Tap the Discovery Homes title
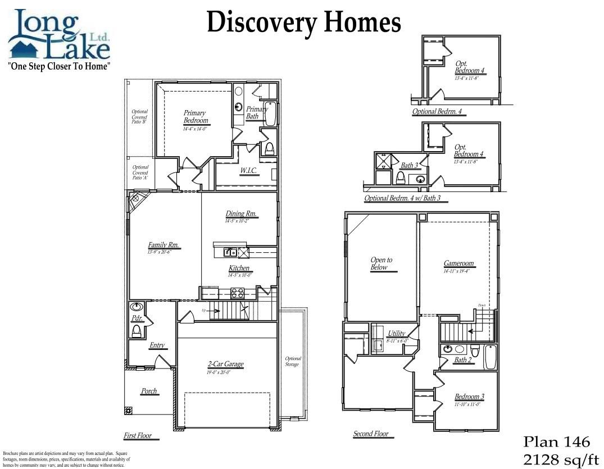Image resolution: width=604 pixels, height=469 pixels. pyautogui.click(x=303, y=22)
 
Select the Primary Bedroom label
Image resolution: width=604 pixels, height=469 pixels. pyautogui.click(x=195, y=117)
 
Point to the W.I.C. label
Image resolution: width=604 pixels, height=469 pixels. pyautogui.click(x=248, y=171)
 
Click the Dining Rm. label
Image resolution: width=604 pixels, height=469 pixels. pyautogui.click(x=242, y=214)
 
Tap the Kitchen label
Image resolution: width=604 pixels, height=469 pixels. pyautogui.click(x=239, y=268)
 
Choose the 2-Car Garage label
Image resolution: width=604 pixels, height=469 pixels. pyautogui.click(x=225, y=365)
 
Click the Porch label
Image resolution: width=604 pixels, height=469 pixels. pyautogui.click(x=149, y=391)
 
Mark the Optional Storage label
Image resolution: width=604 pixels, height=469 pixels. pyautogui.click(x=293, y=361)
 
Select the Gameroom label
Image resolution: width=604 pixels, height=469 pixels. pyautogui.click(x=458, y=263)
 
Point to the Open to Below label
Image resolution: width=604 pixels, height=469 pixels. pyautogui.click(x=382, y=263)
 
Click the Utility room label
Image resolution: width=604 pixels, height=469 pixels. pyautogui.click(x=396, y=334)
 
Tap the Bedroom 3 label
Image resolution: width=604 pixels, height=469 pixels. pyautogui.click(x=469, y=397)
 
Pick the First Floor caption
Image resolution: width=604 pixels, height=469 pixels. pyautogui.click(x=138, y=436)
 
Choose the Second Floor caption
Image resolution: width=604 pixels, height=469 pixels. pyautogui.click(x=371, y=434)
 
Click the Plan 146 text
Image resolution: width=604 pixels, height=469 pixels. pyautogui.click(x=557, y=441)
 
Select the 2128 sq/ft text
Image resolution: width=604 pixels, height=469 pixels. pyautogui.click(x=561, y=460)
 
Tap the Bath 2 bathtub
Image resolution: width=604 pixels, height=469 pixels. pyautogui.click(x=490, y=357)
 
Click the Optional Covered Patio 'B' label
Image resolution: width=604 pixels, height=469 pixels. pyautogui.click(x=139, y=117)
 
